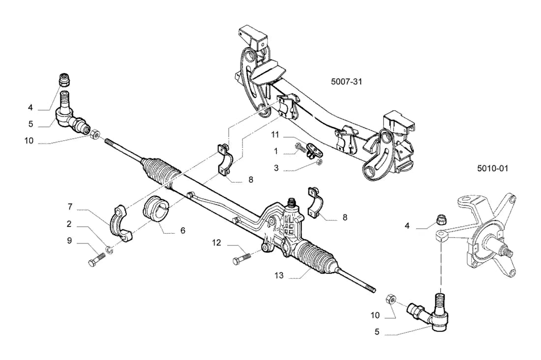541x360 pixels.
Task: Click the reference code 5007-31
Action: (346, 82)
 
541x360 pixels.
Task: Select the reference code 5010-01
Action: (493, 168)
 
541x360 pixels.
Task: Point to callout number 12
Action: (216, 242)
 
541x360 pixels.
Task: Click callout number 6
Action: (182, 230)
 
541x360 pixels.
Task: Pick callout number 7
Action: (70, 207)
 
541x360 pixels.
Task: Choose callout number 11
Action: (274, 134)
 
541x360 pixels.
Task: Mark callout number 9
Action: (69, 240)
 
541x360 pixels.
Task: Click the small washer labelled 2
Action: (109, 249)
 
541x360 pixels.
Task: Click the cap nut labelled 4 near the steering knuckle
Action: (441, 218)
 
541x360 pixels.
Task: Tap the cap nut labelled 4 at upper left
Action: (64, 80)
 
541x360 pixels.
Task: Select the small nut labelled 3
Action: (320, 162)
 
